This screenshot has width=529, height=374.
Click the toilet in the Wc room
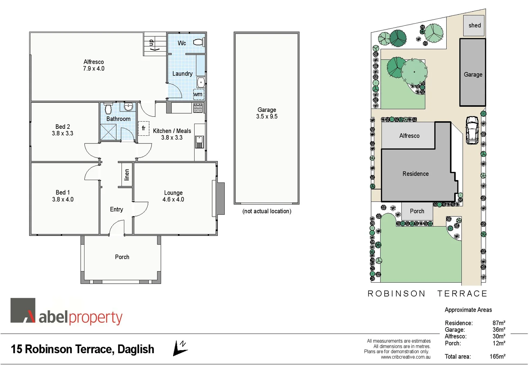(x=198, y=42)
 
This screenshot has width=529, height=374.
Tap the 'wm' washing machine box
(x=198, y=94)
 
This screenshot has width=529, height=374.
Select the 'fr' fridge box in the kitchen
(x=143, y=128)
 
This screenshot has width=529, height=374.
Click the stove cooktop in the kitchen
(x=198, y=108)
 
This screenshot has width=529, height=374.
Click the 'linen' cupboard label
(x=127, y=175)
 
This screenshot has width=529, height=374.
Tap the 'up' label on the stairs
(x=151, y=43)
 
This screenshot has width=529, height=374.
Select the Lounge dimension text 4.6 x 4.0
(x=173, y=199)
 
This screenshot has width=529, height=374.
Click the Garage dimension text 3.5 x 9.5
(x=267, y=117)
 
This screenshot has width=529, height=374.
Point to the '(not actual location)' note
(x=267, y=211)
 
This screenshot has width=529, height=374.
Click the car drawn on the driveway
(x=472, y=130)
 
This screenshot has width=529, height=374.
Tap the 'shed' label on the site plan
(x=474, y=25)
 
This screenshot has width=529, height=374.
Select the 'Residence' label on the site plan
(x=415, y=174)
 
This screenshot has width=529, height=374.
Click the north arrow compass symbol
(x=180, y=348)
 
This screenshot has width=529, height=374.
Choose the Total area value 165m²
(x=497, y=356)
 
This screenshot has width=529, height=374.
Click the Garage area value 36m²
(x=499, y=330)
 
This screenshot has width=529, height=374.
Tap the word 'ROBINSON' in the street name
(x=396, y=294)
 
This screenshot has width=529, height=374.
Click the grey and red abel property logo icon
(x=23, y=310)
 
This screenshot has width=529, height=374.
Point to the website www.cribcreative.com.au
(x=405, y=357)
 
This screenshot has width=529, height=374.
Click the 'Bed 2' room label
(x=63, y=127)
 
